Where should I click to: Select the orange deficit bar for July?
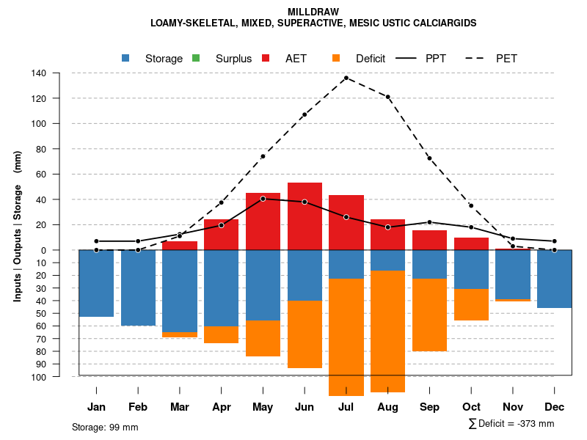pyautogui.click(x=346, y=337)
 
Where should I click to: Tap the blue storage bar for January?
pyautogui.click(x=96, y=283)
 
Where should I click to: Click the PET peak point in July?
pyautogui.click(x=346, y=78)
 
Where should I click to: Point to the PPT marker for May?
pyautogui.click(x=263, y=199)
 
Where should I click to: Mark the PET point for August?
pyautogui.click(x=388, y=97)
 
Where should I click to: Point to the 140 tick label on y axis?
pyautogui.click(x=39, y=73)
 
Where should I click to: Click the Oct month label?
pyautogui.click(x=471, y=407)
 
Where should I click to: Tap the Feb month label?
pyautogui.click(x=138, y=407)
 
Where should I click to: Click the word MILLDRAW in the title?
pyautogui.click(x=313, y=12)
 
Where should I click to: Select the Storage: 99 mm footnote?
pyautogui.click(x=105, y=427)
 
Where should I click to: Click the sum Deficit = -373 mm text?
pyautogui.click(x=511, y=424)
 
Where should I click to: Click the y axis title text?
pyautogui.click(x=18, y=226)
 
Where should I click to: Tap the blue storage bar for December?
pyautogui.click(x=555, y=279)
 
